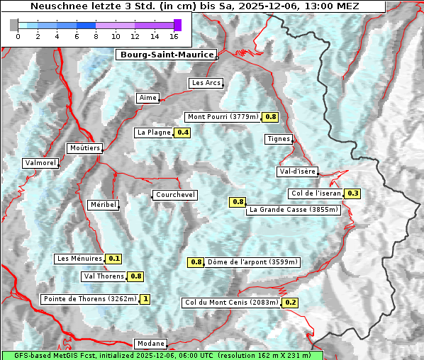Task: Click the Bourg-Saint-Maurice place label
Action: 166,55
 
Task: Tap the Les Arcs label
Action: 206,83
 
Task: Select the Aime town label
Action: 148,98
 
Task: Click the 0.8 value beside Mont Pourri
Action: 271,116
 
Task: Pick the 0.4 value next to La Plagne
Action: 183,133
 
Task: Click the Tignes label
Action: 279,139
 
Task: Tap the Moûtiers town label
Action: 84,148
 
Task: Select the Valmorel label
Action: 40,163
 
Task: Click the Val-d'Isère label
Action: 297,171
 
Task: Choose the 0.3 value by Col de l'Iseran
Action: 353,193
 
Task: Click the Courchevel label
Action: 174,195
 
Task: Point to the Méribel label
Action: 103,205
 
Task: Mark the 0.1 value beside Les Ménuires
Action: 114,259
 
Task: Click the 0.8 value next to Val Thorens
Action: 135,276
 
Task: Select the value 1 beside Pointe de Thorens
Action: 145,299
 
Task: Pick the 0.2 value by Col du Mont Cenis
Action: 290,303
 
